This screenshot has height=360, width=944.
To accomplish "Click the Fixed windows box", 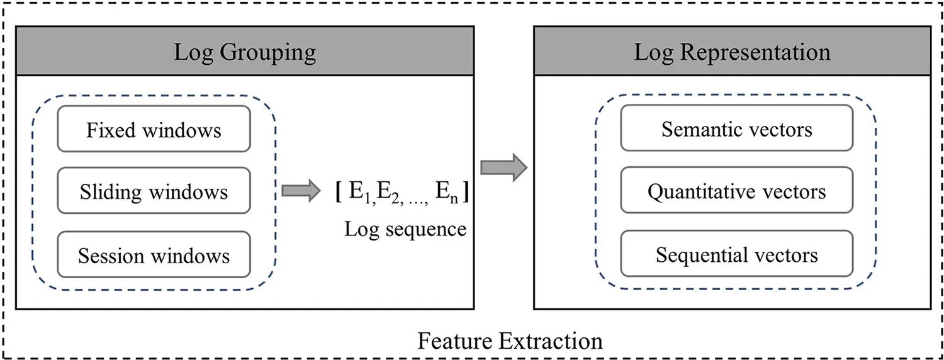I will tap(154, 129).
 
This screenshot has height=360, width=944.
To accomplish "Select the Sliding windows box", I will tap(154, 191).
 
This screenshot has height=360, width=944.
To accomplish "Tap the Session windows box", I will tap(154, 255).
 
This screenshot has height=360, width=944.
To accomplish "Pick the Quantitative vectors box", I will tap(736, 191).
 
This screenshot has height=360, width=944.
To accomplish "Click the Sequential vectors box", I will tap(736, 254).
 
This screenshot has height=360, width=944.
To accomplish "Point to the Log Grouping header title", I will tap(245, 52).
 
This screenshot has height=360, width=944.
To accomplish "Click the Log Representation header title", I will tap(732, 52).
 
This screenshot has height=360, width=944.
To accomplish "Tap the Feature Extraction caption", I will tap(510, 340).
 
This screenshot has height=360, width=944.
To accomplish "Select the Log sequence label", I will tap(405, 229).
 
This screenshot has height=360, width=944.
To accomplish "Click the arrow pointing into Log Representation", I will tap(503, 167).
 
